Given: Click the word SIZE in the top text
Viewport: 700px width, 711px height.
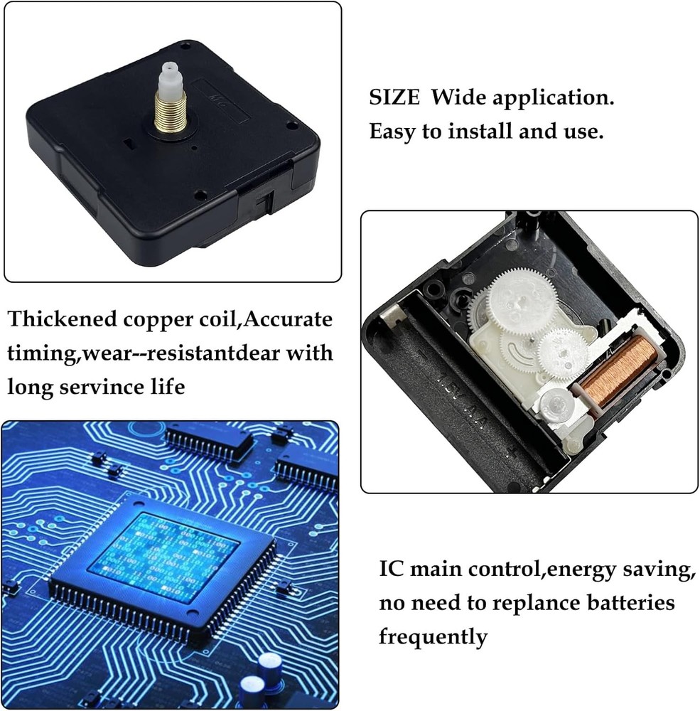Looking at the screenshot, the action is [x=394, y=97].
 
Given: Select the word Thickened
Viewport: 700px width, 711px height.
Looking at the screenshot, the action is [x=62, y=319].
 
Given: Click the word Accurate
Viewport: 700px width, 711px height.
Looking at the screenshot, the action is [x=288, y=319].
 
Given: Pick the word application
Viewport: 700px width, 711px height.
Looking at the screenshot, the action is [x=553, y=98].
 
